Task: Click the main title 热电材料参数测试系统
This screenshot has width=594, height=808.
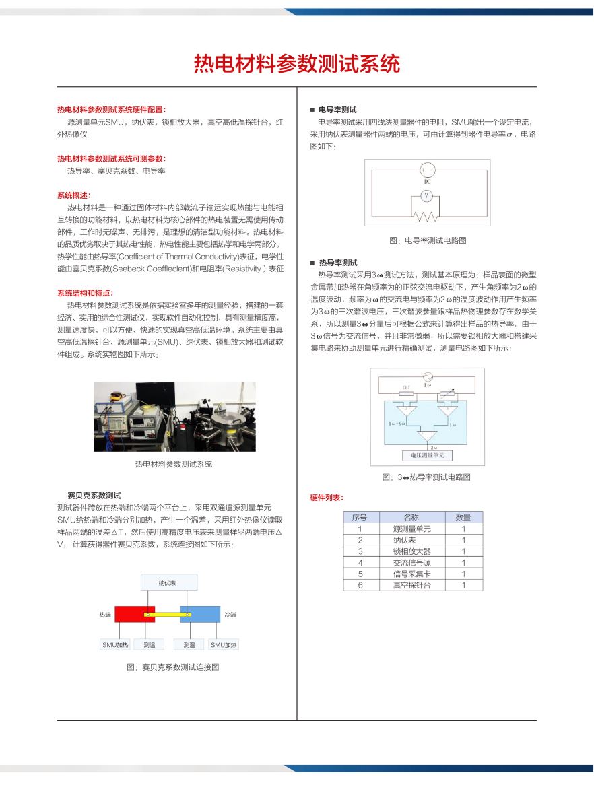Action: coord(296,64)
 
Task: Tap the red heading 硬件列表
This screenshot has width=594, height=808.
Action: coord(327,498)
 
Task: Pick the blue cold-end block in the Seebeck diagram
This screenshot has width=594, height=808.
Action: coord(201,614)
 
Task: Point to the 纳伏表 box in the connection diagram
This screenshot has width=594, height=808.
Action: coord(168,583)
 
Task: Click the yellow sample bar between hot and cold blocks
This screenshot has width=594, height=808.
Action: coord(168,615)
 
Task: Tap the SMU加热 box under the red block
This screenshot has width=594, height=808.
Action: coord(115,645)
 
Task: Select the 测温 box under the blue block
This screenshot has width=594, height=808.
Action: coord(189,645)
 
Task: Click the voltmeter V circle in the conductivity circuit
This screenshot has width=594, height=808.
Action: coord(426,195)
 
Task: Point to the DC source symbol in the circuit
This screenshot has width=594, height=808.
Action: coord(427,171)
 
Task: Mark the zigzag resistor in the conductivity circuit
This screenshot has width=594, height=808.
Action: coord(426,217)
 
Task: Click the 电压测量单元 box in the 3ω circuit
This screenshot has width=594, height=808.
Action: coord(427,456)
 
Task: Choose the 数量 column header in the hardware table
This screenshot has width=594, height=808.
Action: coord(463,518)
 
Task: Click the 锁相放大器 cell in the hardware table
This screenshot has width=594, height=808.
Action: coord(411,551)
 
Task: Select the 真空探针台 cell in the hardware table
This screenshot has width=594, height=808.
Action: coord(411,585)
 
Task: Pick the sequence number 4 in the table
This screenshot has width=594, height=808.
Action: coord(360,563)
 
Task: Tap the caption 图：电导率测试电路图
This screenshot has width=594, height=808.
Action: coord(428,240)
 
